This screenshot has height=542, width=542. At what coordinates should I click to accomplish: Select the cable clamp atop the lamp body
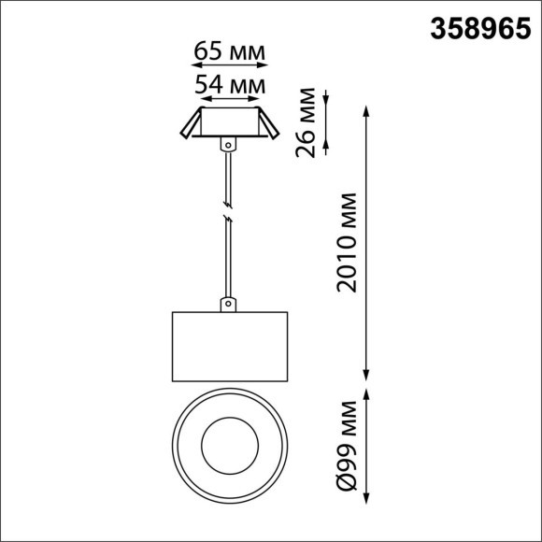[x=227, y=305]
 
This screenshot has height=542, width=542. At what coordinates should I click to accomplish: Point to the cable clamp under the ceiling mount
[x=227, y=145]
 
